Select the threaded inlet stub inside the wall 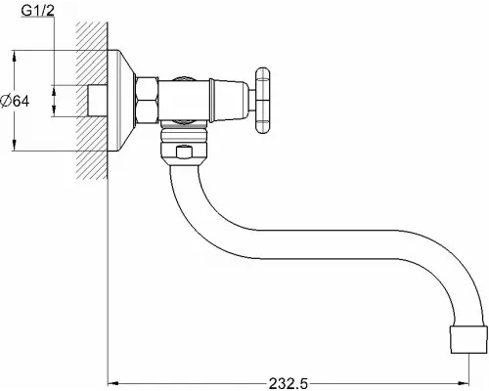[97, 99]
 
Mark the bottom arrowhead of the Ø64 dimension [14, 146]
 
